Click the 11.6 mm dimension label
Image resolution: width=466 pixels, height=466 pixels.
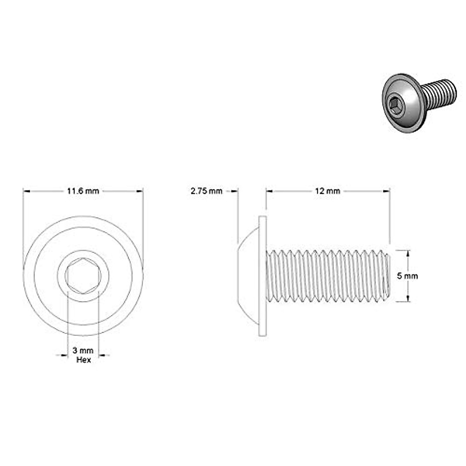point(83,191)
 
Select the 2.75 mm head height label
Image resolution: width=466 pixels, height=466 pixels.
point(206,191)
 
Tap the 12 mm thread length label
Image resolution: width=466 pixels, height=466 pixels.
point(327,191)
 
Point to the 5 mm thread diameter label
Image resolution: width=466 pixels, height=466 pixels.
point(407,276)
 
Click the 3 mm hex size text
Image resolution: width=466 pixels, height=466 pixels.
point(83,351)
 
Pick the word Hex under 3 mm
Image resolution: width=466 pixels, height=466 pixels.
point(83,360)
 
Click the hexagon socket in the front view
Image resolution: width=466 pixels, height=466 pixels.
point(83,275)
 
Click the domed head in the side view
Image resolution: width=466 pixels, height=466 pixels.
point(249,276)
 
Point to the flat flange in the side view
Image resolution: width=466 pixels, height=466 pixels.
point(263,276)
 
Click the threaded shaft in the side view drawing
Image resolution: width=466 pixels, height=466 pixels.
point(326,276)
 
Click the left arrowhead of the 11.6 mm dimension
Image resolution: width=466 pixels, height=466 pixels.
point(26,191)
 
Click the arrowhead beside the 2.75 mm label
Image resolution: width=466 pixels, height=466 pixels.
point(234,191)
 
